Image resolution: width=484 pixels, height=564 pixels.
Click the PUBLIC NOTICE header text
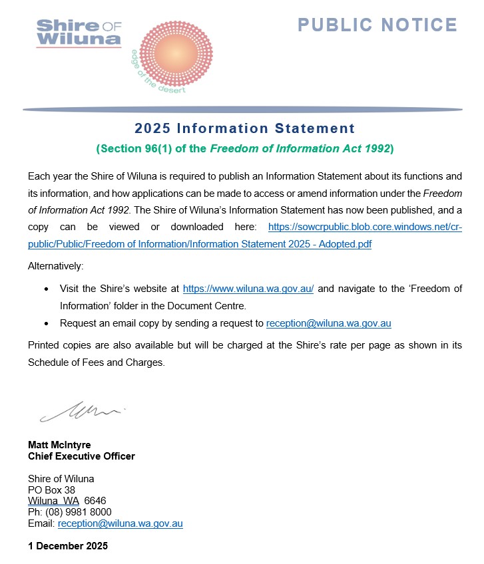[x=377, y=25]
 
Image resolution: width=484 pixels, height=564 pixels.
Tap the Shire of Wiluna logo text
[x=79, y=33]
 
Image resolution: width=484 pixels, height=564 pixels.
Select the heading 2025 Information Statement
[x=244, y=128]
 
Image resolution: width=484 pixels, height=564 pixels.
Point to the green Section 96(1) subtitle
[x=245, y=149]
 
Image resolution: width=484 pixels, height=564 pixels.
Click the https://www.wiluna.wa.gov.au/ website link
[x=248, y=289]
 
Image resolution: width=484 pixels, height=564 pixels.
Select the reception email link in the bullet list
[x=328, y=324]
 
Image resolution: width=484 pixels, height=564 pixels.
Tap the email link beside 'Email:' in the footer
[x=120, y=523]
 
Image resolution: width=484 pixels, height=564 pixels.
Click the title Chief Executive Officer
[x=81, y=456]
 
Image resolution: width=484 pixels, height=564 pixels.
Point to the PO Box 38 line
[x=51, y=490]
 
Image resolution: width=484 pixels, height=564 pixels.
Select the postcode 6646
[x=95, y=501]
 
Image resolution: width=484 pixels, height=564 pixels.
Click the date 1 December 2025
[x=67, y=546]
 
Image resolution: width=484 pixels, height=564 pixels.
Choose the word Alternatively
[x=56, y=266]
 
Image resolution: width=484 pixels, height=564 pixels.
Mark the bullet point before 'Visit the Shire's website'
[x=45, y=290]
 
